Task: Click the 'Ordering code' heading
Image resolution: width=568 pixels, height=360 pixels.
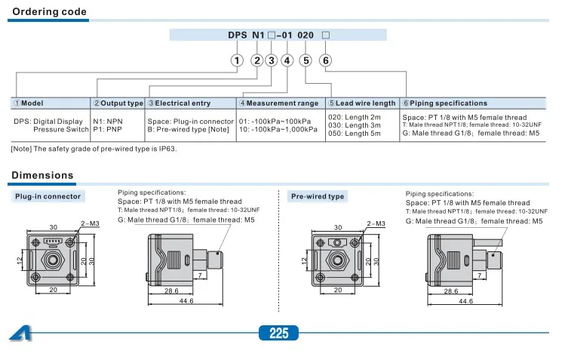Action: pos(49,12)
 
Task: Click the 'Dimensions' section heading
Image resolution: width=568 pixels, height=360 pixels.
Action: pos(42,176)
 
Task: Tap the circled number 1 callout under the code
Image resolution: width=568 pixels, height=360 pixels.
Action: pos(237,60)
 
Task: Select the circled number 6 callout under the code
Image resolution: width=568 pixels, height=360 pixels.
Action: pos(325,60)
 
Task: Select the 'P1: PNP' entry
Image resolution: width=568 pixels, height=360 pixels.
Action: pos(108,128)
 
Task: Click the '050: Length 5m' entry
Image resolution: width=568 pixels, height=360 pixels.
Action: pos(354,134)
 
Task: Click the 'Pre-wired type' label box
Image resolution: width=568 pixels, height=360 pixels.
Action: pos(318,196)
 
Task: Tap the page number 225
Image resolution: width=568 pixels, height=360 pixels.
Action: pos(278,333)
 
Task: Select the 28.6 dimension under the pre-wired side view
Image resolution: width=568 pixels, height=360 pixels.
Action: pos(451,290)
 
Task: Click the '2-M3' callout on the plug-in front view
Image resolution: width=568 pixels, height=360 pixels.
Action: pos(89,224)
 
